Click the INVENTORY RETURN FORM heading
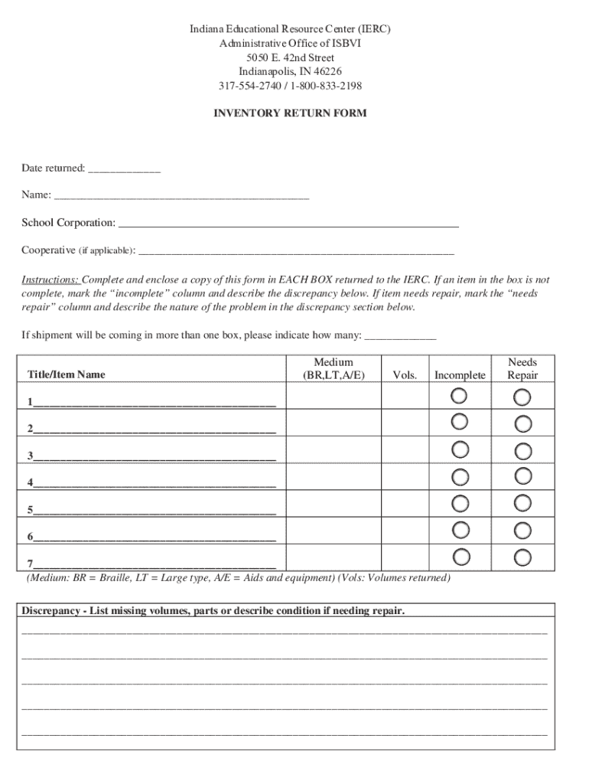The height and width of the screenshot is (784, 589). [x=290, y=113]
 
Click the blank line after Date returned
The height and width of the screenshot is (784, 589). [x=124, y=170]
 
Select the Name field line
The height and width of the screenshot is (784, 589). [x=181, y=197]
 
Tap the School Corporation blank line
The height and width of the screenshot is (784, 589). [x=288, y=224]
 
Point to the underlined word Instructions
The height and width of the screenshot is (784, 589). [x=50, y=280]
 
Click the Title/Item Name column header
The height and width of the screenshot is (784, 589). [x=67, y=374]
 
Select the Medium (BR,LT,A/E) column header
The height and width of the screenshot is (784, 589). [x=334, y=368]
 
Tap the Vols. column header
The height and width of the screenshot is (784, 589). [x=405, y=375]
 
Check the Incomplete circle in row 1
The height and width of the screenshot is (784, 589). [x=460, y=396]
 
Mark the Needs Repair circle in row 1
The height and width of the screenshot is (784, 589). [x=522, y=397]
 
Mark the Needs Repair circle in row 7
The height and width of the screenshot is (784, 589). [x=522, y=557]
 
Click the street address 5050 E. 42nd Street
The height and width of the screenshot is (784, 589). [x=290, y=58]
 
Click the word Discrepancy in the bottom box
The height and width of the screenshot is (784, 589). [x=50, y=611]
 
